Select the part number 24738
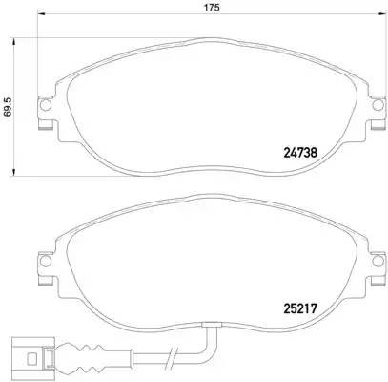[x=302, y=150]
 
